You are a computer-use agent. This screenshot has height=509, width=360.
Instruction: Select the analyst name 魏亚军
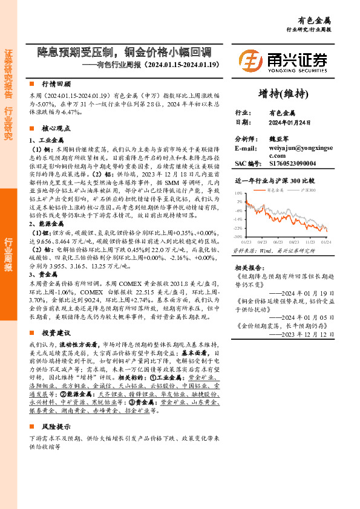(x=282, y=138)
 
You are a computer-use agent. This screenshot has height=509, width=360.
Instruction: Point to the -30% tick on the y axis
(x=238, y=237)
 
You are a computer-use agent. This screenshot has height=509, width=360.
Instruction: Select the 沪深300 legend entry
(x=309, y=190)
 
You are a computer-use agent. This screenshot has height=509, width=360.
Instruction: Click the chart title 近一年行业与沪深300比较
(x=275, y=180)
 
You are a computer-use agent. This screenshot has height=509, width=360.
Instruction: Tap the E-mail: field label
(x=246, y=148)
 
